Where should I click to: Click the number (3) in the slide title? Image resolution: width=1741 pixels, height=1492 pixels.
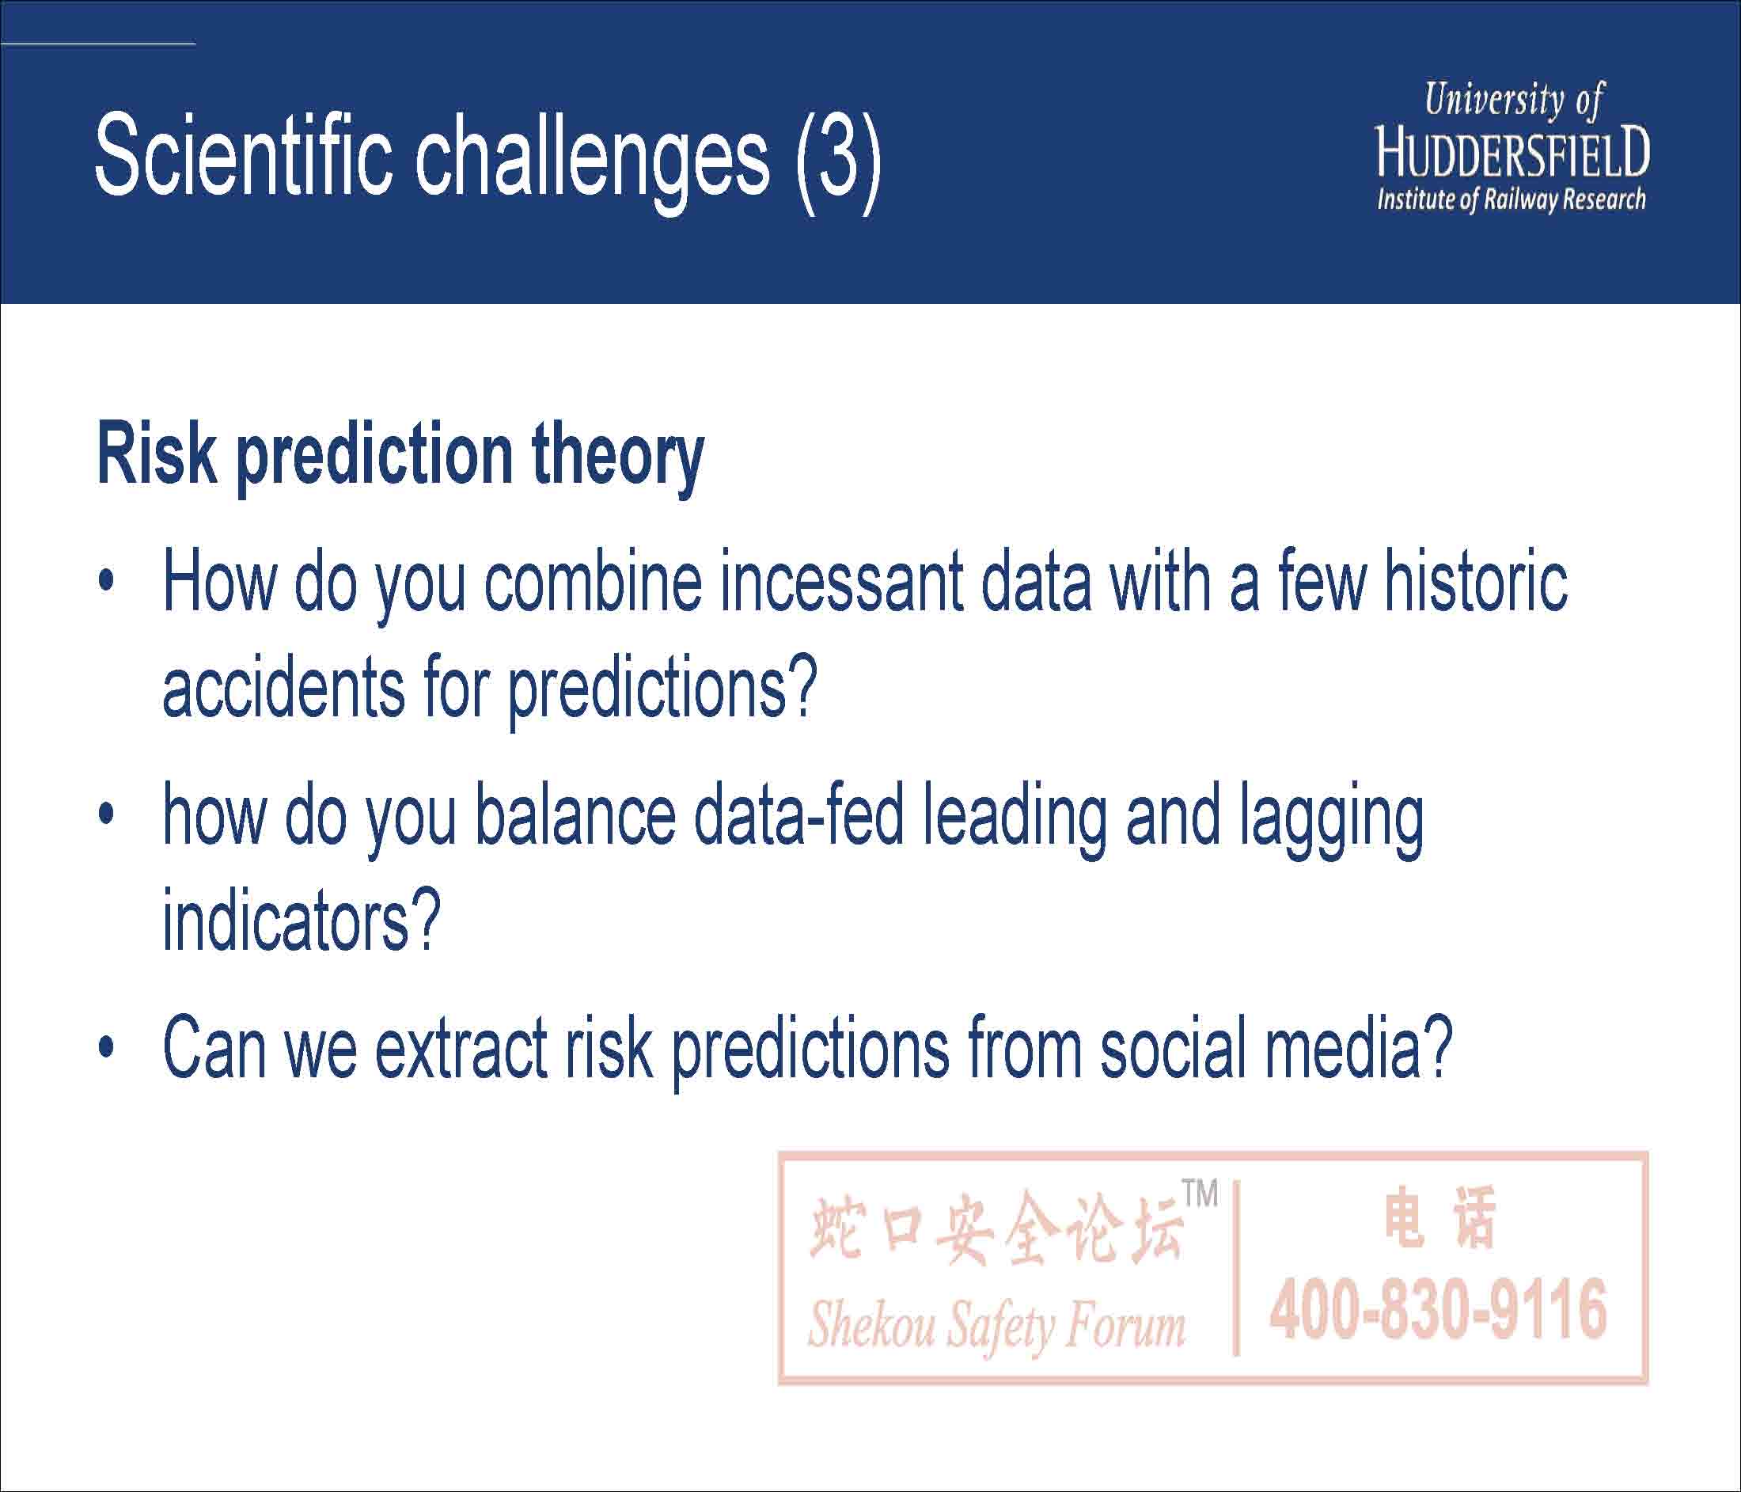pos(837,159)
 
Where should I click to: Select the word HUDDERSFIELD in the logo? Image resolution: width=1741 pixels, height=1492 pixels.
pos(1512,153)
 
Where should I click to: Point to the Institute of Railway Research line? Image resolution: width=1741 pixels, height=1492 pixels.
pos(1511,201)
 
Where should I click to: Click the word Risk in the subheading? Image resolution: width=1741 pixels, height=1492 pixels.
pos(156,455)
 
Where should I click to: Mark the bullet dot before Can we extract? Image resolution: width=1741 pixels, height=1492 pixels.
pos(105,1048)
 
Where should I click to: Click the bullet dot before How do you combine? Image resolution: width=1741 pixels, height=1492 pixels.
pos(105,582)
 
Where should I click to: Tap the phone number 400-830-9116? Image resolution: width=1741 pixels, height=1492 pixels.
pos(1439,1308)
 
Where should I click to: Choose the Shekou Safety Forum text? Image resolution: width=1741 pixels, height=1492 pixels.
pos(996,1326)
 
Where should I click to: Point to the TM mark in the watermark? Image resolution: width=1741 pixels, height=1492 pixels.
pos(1199,1194)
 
